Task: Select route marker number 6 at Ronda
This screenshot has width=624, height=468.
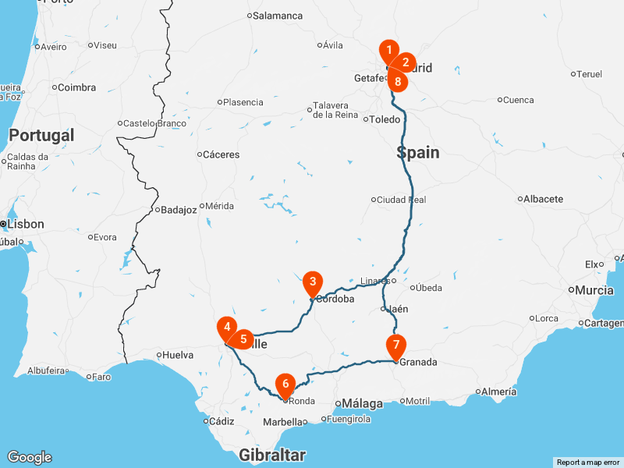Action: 285,384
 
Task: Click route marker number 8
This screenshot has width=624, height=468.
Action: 398,81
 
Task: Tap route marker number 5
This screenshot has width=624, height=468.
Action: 243,339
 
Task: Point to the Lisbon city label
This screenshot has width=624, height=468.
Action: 26,224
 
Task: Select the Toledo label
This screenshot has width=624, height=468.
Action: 384,119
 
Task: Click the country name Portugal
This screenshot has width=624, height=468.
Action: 41,136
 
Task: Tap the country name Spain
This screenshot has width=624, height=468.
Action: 418,153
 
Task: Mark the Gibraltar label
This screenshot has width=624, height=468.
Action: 272,456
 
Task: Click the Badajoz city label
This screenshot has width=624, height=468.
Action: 179,209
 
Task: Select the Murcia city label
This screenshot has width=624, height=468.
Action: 596,290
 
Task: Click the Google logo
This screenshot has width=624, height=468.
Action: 29,457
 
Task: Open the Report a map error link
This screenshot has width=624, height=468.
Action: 588,463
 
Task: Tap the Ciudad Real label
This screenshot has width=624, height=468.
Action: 401,200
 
